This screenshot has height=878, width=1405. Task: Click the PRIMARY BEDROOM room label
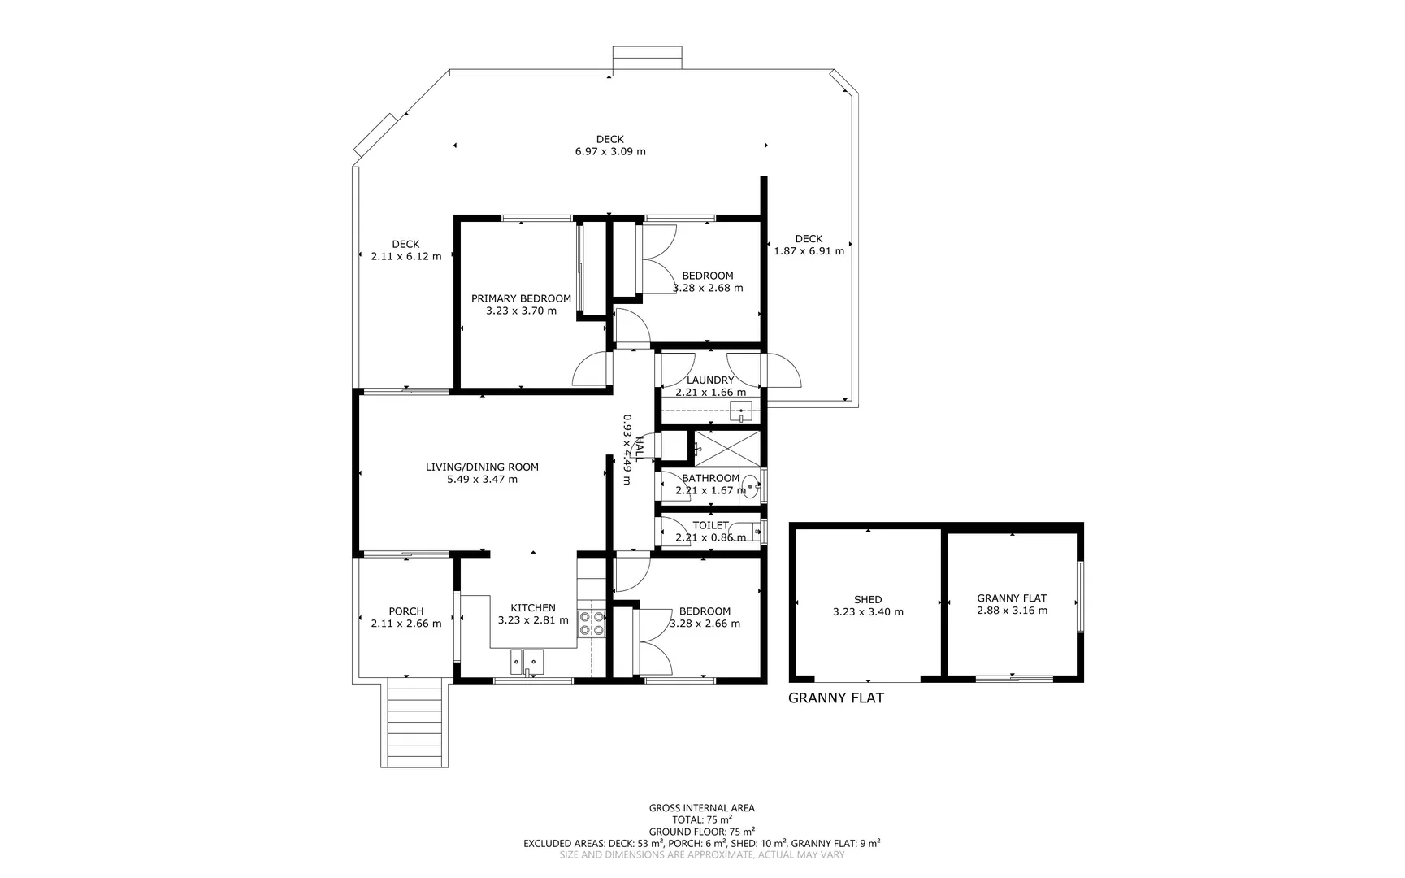(521, 298)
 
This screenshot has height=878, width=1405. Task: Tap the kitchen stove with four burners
(592, 623)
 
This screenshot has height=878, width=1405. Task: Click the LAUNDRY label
(709, 380)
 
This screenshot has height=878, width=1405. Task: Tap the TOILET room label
(710, 525)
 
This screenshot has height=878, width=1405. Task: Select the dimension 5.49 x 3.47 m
(482, 480)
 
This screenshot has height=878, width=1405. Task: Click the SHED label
(868, 600)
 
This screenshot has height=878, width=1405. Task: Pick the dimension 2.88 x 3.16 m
(1012, 611)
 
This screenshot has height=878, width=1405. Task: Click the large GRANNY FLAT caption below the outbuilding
(836, 698)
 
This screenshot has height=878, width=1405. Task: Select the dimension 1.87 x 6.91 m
(809, 251)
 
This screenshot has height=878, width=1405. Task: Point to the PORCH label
(405, 611)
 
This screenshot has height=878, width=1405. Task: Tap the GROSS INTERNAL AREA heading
(701, 808)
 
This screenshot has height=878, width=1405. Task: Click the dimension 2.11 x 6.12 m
(405, 256)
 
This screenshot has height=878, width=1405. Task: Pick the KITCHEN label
(533, 608)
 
